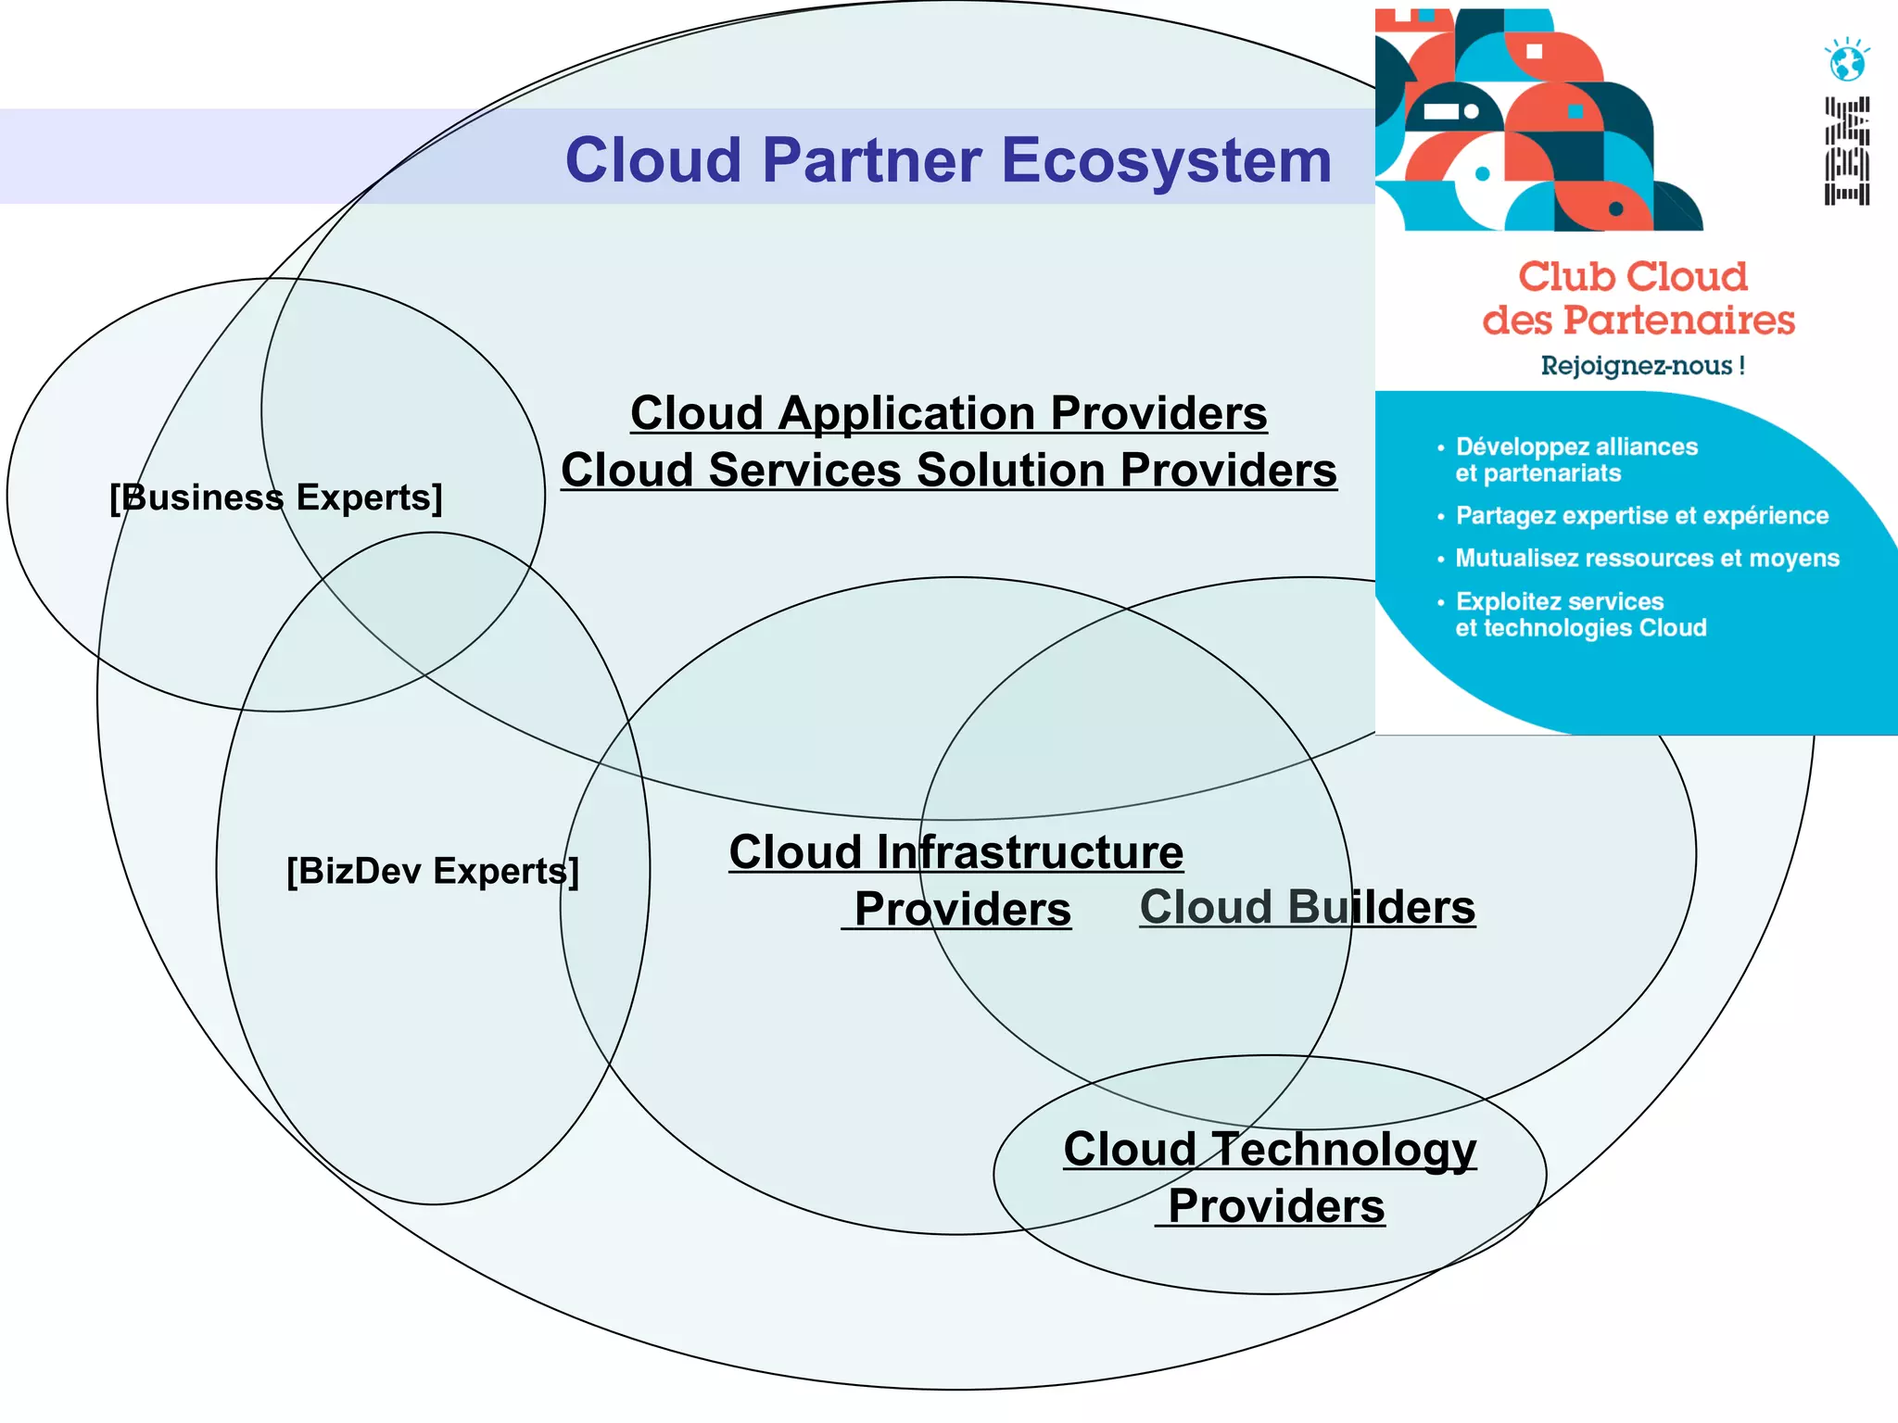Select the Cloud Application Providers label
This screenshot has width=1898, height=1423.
pos(948,412)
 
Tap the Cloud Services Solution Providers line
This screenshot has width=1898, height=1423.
pos(948,470)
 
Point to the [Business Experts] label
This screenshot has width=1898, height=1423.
pos(276,497)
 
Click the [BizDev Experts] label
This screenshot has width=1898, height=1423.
pos(432,871)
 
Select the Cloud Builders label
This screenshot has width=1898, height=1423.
pos(1307,906)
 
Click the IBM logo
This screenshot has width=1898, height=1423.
pos(1847,150)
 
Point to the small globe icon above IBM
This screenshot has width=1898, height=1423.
pos(1847,61)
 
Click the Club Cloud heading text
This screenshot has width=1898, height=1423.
pos(1633,276)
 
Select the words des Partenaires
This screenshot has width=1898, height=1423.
pos(1638,320)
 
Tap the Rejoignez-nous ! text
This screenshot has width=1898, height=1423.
pos(1642,365)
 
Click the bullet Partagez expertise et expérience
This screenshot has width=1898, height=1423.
pos(1641,515)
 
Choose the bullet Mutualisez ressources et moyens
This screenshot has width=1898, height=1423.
pos(1646,558)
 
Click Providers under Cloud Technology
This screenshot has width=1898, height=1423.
pos(1275,1206)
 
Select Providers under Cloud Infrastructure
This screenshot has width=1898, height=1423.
pos(962,908)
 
